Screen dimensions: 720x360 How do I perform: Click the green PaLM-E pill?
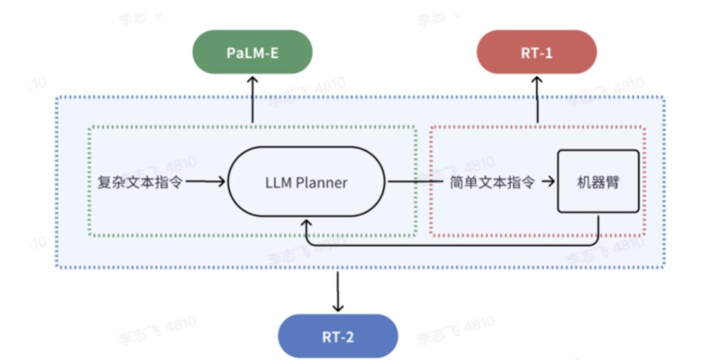(252, 52)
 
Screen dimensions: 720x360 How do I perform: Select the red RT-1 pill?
(537, 52)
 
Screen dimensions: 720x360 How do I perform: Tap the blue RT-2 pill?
(338, 337)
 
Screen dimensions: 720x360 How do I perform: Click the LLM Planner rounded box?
(306, 183)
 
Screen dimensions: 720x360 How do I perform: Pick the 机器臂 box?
(598, 181)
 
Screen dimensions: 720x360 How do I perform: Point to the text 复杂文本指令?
(140, 182)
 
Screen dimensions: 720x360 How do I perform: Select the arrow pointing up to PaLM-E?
(252, 99)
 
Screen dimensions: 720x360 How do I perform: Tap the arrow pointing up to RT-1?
(537, 99)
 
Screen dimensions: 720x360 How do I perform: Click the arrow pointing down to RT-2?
(338, 292)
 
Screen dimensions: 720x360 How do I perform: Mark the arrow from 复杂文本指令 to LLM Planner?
(205, 182)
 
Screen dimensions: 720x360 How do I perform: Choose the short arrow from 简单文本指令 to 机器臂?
(548, 182)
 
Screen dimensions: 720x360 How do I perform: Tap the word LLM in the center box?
(278, 183)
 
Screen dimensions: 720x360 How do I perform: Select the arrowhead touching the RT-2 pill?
(338, 308)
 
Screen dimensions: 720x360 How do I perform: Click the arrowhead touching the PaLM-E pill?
(252, 80)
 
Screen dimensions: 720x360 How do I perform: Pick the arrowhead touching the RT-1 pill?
(537, 80)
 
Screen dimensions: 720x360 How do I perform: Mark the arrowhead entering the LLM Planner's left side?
(221, 182)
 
